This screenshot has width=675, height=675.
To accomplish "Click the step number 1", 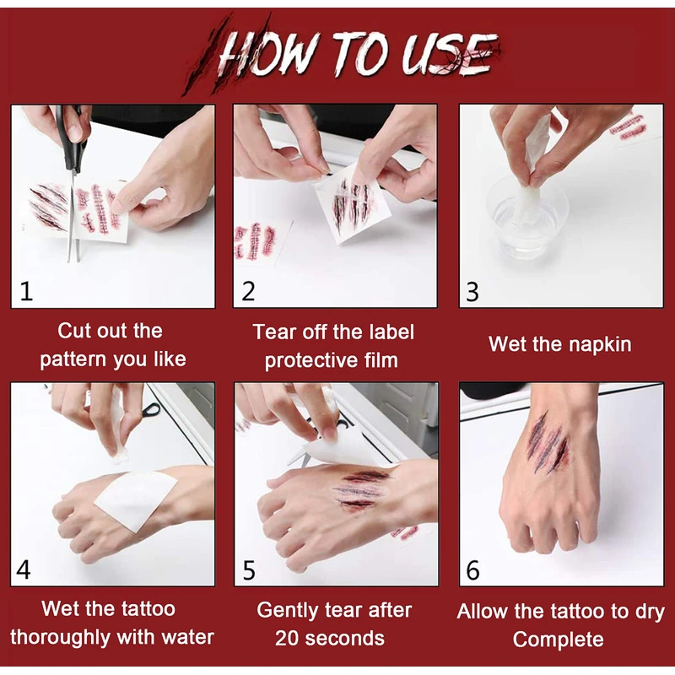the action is (27, 291).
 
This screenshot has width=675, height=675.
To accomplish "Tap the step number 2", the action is (248, 291).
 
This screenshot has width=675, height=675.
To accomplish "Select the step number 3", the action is (472, 292).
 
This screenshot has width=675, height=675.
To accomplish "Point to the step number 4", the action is (24, 570).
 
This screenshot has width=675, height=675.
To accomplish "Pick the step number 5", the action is (249, 570).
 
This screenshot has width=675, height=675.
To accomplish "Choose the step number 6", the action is (472, 570).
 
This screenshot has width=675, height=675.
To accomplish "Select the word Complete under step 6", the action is (558, 640).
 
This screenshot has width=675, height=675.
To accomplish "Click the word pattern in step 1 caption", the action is (73, 359).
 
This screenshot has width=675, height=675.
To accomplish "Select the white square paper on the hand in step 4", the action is (136, 499).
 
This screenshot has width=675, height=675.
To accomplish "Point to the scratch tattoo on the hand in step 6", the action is (549, 444).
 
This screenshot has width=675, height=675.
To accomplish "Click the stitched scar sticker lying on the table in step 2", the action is (255, 241).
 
